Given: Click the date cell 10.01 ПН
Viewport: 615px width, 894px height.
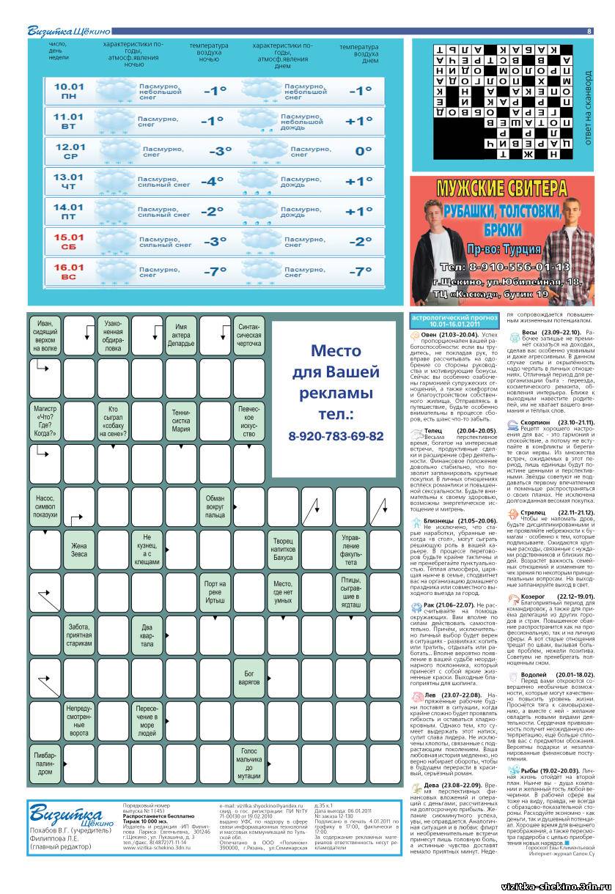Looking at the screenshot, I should pos(69,91).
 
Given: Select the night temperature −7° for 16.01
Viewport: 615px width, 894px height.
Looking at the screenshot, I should pos(213,271).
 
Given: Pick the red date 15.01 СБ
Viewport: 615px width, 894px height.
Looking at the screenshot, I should pos(69,241).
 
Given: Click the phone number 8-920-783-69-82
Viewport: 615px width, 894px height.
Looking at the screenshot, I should pos(336,435).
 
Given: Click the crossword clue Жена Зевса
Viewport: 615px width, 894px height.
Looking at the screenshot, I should pos(78,550).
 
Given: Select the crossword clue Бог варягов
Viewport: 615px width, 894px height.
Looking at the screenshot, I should pos(249,676).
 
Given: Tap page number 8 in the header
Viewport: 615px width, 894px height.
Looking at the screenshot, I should pos(589,31).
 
